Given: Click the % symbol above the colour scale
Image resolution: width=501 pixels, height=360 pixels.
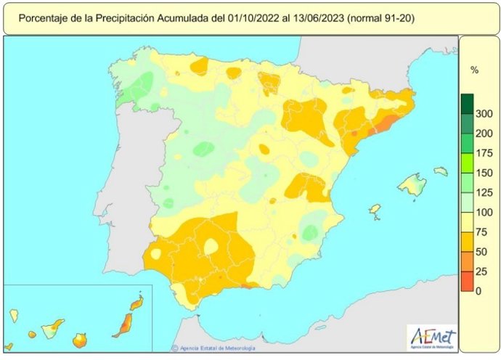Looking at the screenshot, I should pos(474,70).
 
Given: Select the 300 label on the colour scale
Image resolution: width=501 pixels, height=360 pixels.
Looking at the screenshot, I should pos(484,113).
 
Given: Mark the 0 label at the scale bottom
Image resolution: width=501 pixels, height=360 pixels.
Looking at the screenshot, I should pos(478,291).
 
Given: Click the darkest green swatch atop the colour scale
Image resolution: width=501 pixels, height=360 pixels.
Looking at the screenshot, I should pos(468,104).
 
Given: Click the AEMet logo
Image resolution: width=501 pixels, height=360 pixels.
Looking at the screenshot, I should pos(433,337).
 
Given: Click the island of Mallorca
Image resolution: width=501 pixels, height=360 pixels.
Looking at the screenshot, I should pos(412,184).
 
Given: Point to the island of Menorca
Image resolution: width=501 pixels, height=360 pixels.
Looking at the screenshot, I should pos(441,172).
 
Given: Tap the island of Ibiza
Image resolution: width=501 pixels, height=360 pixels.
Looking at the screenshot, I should pos(375,210).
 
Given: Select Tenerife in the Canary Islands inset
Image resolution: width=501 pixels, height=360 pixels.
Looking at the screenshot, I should pos(52,330).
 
